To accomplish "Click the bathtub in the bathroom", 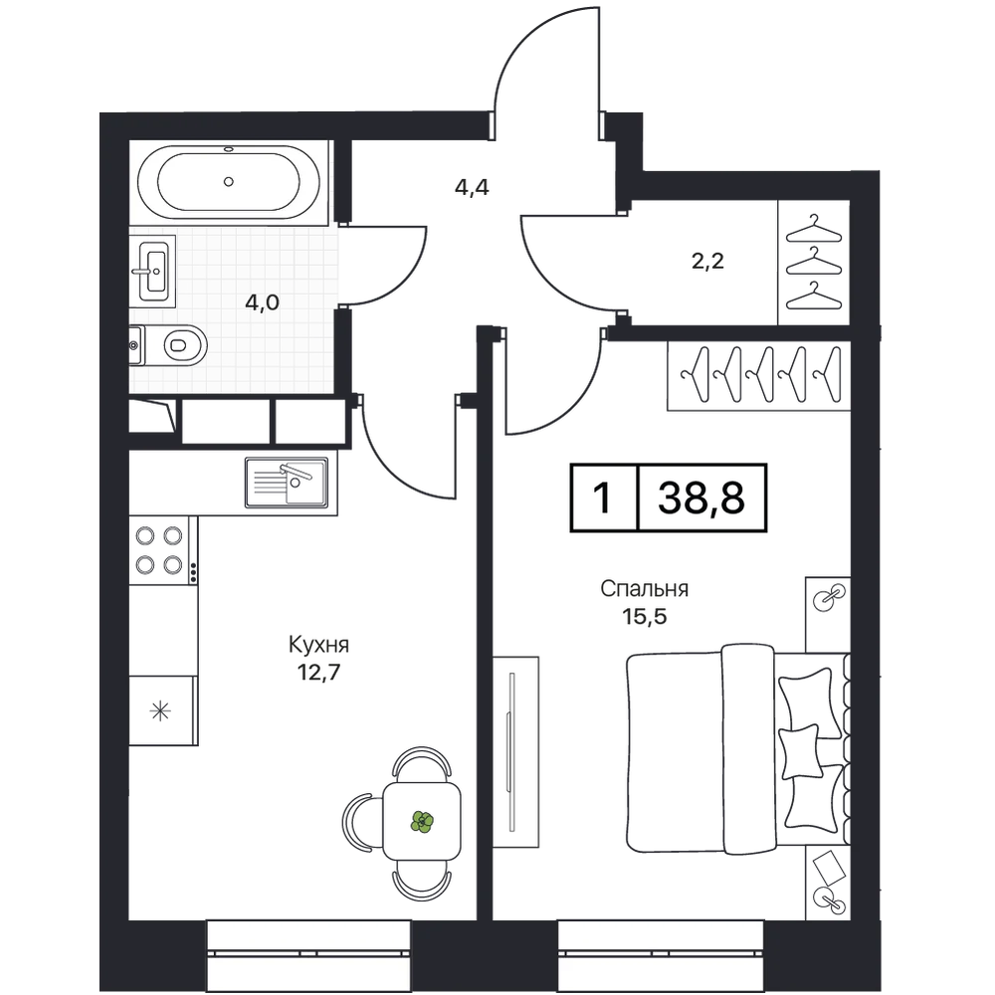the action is coord(229,183).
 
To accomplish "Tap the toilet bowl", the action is coord(184,345).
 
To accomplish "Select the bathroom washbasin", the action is coord(153,271).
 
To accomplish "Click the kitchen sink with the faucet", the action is coord(287,483).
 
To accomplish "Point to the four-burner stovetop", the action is coord(159,550).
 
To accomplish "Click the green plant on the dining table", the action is coord(422,821).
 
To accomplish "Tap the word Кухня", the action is coord(318,646).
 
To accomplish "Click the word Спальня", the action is coord(644,589).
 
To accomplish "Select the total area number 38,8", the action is coord(701,497).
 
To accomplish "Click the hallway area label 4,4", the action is coord(472,187).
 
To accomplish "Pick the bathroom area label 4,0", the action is coord(262,302).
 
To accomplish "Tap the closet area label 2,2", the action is coord(707,260).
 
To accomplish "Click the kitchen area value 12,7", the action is coord(319,672).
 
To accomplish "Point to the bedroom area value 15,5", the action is coord(645,616).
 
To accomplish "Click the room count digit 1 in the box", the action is coord(602,497).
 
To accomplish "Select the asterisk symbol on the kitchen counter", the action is coord(160,710).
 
